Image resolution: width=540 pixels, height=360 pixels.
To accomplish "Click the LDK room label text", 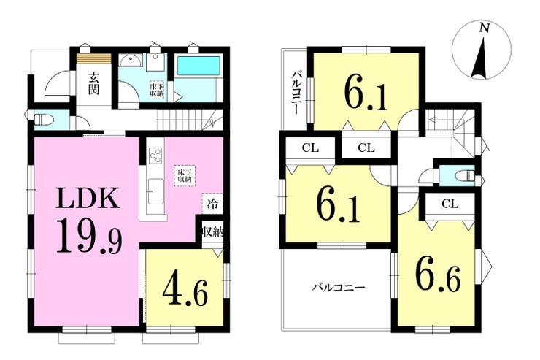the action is [88, 198].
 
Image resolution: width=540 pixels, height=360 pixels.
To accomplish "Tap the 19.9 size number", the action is [89, 237].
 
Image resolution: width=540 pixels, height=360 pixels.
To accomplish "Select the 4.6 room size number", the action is [185, 291].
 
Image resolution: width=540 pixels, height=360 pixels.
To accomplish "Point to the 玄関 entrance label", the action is [93, 84].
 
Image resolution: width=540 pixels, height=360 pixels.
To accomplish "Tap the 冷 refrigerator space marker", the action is [212, 204].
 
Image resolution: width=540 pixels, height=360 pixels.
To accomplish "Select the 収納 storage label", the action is [213, 232].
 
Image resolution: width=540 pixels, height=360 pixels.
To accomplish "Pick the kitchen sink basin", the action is [155, 191].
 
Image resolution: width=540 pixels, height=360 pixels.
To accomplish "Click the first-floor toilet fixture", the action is [44, 120].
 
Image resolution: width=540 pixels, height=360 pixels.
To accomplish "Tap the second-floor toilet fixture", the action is [465, 176].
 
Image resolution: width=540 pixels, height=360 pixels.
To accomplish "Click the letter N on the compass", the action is [485, 28].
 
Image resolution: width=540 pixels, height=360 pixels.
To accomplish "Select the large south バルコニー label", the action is [338, 287].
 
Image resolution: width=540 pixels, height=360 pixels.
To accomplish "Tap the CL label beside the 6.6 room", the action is [450, 204].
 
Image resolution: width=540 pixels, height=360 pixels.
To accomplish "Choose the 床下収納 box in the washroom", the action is [156, 91].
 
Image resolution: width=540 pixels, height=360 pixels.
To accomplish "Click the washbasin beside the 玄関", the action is [131, 61].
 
